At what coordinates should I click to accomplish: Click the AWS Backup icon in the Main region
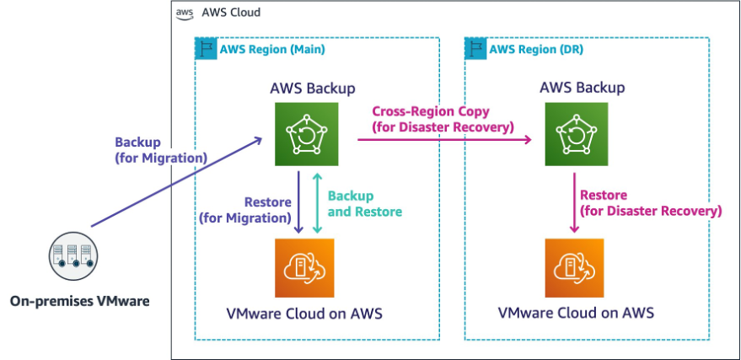click(303, 133)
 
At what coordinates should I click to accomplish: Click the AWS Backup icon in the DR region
click(575, 133)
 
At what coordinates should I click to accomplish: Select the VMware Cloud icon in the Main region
click(303, 267)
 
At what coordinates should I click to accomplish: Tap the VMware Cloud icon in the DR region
click(575, 267)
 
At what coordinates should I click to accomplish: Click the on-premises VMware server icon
click(72, 254)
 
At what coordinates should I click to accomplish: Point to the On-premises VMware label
click(80, 299)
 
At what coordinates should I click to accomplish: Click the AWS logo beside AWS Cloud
click(184, 13)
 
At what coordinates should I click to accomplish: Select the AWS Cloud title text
click(230, 13)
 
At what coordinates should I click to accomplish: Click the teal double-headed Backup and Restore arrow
click(317, 201)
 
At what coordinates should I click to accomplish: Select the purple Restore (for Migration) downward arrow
click(299, 201)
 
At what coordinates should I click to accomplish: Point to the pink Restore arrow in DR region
click(575, 201)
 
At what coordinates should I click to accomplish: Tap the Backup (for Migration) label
click(160, 150)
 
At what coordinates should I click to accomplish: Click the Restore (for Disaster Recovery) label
click(650, 202)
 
